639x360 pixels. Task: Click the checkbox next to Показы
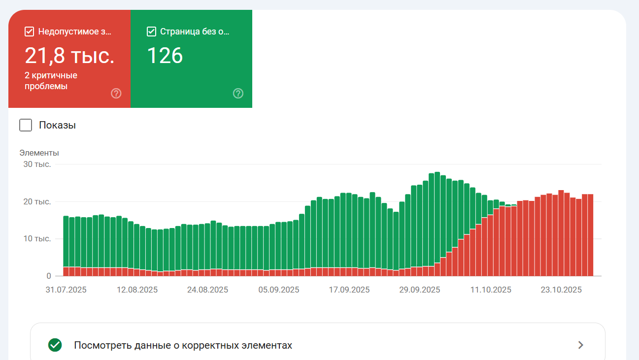[x=26, y=125]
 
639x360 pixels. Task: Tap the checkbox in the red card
[x=29, y=32]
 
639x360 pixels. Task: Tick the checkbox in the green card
[x=152, y=32]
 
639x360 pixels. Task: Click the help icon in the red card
[x=116, y=93]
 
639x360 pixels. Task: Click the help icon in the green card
[x=238, y=93]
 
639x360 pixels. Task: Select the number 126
[x=165, y=56]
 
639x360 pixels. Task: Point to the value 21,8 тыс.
[x=69, y=56]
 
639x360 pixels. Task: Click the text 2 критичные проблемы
[x=51, y=81]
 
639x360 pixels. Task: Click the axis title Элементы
[x=39, y=153]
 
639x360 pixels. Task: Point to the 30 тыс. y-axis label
[x=37, y=164]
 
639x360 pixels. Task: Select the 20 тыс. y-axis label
[x=37, y=201]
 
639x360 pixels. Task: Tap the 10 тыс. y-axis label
[x=37, y=239]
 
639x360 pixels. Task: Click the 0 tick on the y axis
[x=48, y=276]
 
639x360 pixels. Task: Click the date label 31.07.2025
[x=66, y=290]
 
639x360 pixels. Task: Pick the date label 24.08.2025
[x=207, y=290]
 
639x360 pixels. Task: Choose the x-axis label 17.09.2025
[x=349, y=290]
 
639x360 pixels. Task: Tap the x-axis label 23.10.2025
[x=561, y=290]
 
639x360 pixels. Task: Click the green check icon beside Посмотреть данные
[x=55, y=345]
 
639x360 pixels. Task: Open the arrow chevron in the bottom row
[x=581, y=345]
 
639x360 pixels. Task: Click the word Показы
[x=57, y=125]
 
